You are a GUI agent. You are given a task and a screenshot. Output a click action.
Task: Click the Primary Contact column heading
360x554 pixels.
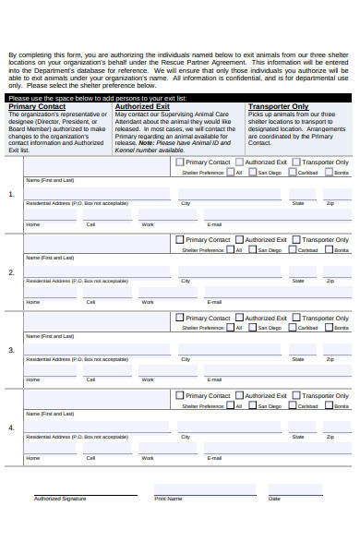point(37,106)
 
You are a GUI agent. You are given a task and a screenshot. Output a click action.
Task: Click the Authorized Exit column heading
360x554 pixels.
point(142,106)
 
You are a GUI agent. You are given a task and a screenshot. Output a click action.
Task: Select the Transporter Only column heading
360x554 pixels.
point(278,106)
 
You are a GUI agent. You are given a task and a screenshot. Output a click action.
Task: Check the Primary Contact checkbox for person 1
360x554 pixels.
point(180,162)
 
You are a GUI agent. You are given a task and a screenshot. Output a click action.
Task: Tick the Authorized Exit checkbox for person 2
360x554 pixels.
point(238,239)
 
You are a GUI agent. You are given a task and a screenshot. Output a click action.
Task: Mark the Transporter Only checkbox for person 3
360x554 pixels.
point(296,318)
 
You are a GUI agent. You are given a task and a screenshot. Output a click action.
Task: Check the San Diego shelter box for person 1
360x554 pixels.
point(252,172)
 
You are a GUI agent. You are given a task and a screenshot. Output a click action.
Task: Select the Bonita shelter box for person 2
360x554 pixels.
point(328,249)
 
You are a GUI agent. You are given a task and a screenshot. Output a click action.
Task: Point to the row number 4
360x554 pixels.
point(11,428)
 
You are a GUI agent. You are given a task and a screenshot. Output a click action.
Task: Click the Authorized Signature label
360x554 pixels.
point(60,499)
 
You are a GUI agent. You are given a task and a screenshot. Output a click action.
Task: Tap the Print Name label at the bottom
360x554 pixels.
point(168,499)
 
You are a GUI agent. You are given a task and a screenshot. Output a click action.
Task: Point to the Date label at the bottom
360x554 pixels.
point(274,499)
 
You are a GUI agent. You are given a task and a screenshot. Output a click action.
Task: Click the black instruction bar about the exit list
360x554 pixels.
point(180,97)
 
